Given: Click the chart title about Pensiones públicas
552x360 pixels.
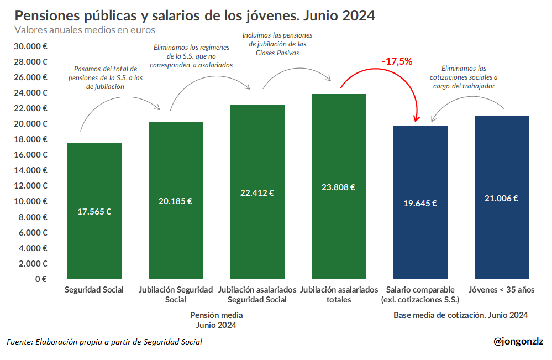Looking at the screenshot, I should [194, 15].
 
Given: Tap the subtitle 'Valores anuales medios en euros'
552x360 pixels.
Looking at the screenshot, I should [85, 30].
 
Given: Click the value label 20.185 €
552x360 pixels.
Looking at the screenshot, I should [175, 201].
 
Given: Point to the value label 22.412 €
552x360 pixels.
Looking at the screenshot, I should [257, 192].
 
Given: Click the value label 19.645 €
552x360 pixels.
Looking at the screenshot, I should [420, 203].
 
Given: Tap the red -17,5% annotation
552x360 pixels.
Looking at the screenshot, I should [397, 61].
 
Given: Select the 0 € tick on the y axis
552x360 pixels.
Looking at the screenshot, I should [41, 279].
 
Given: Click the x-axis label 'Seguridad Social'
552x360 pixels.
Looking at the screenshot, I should [94, 290].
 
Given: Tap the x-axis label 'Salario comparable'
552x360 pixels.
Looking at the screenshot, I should [420, 290].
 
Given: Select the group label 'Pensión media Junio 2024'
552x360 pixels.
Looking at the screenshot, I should [217, 320].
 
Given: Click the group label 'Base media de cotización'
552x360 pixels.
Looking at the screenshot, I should [460, 315].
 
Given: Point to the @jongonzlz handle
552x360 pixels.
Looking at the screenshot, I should [518, 341].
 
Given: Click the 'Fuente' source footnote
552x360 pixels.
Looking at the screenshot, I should [104, 342].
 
